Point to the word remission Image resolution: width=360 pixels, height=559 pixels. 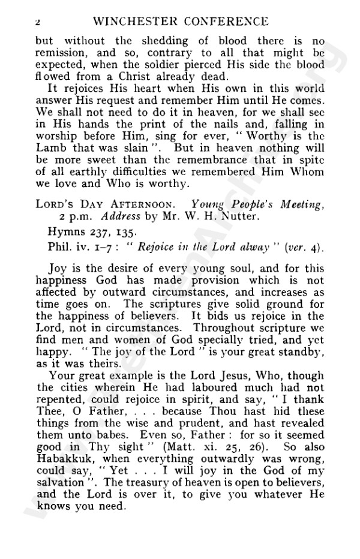(x=59, y=54)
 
